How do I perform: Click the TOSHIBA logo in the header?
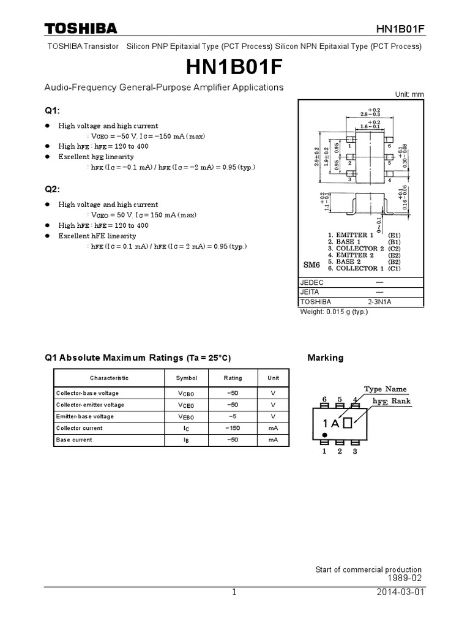click(x=80, y=28)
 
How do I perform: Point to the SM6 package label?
click(x=312, y=265)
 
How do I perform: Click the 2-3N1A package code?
click(x=381, y=302)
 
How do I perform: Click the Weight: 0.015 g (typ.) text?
click(x=334, y=311)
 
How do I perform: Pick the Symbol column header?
click(x=187, y=378)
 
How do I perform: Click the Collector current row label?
click(x=80, y=428)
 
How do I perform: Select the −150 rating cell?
click(x=233, y=428)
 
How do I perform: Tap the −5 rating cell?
click(x=233, y=416)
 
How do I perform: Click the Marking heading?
click(x=325, y=358)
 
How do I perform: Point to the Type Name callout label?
click(x=385, y=389)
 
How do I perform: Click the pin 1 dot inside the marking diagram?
click(x=324, y=435)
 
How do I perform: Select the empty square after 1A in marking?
click(x=348, y=422)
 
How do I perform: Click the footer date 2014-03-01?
click(x=401, y=593)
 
